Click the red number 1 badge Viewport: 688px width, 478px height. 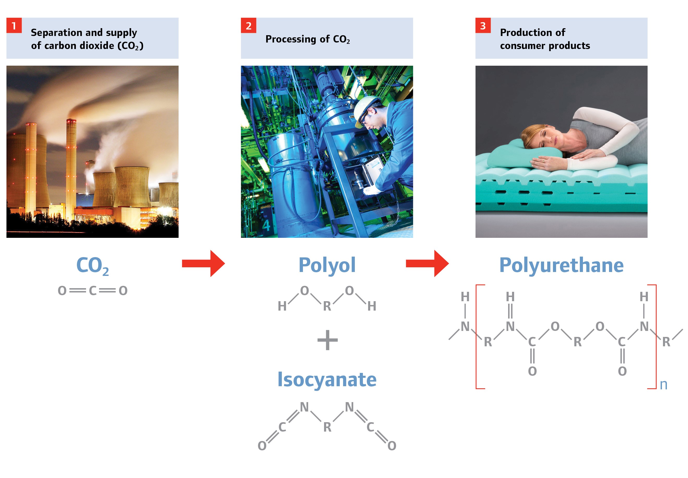[14, 26]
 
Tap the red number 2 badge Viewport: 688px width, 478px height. [248, 26]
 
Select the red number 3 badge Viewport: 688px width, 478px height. [483, 26]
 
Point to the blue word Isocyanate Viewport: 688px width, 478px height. [327, 379]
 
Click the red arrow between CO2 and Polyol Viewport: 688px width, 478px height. [203, 263]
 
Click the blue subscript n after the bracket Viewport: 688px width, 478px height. [663, 385]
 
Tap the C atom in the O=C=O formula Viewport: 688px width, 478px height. [93, 291]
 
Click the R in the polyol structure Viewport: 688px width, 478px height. [327, 306]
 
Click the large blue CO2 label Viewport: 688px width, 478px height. [92, 265]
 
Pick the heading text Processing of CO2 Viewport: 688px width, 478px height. [307, 39]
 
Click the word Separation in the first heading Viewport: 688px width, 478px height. [56, 32]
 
